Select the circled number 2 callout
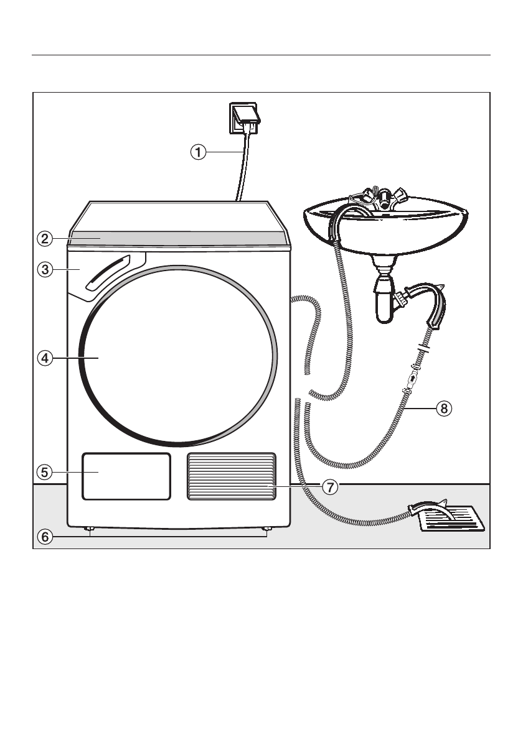point(44,238)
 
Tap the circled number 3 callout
point(44,269)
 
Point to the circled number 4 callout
point(44,358)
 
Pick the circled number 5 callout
point(44,472)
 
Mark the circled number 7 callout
point(331,487)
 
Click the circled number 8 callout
point(443,409)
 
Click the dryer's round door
point(181,354)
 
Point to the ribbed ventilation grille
point(231,476)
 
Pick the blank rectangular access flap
point(126,476)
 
